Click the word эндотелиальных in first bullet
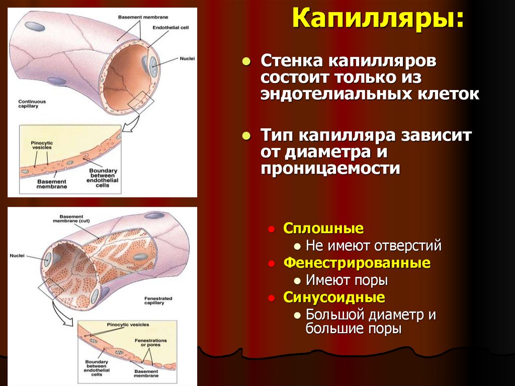click(316, 94)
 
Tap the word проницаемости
click(330, 168)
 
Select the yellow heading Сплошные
click(323, 228)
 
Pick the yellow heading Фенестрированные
click(357, 263)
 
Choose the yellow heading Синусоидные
click(334, 297)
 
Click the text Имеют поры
click(347, 280)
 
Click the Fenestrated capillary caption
click(158, 301)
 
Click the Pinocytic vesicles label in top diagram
click(41, 145)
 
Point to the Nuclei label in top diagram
click(187, 58)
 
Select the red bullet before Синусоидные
click(272, 297)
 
